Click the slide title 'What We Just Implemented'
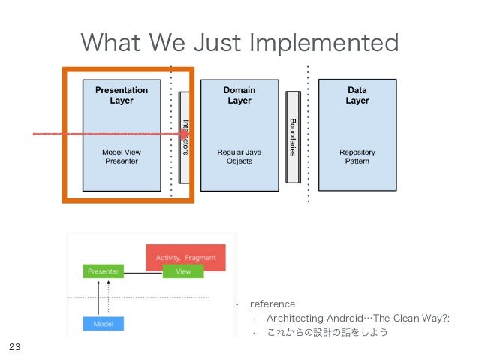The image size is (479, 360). pos(239,43)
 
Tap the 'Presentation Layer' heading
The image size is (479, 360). pos(121,95)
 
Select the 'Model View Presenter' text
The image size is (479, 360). pos(121,156)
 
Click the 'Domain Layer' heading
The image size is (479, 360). pos(239,95)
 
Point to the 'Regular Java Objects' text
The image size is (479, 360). pos(239,156)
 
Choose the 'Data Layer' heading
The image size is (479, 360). pos(357,95)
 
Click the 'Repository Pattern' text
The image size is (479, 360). pos(357,156)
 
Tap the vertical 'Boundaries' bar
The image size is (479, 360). pos(293,136)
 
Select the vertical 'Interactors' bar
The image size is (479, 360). pos(185,137)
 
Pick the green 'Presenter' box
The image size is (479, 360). pos(104,271)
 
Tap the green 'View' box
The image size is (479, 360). pos(183,271)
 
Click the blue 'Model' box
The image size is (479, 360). pos(104,324)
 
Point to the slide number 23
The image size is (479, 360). pos(14,347)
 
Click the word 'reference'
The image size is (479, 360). pos(272,304)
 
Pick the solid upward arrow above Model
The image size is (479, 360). pos(98,297)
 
